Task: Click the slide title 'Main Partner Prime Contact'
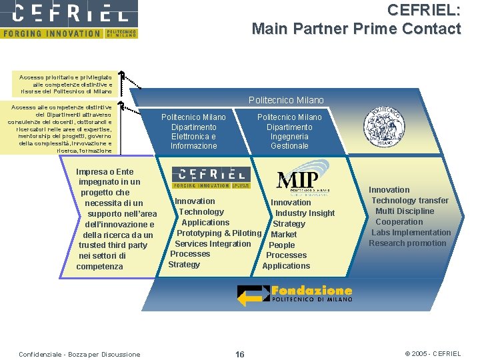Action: click(356, 29)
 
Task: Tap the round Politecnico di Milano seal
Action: click(383, 125)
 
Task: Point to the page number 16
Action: click(240, 354)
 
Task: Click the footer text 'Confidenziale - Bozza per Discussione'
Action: click(79, 354)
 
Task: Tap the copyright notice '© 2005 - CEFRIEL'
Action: click(433, 354)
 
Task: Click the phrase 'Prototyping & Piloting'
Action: click(219, 233)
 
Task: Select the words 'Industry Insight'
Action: click(305, 213)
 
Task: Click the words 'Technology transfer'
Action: click(410, 201)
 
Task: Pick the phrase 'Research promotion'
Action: click(407, 243)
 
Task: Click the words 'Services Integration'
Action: click(213, 243)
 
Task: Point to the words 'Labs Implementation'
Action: click(411, 233)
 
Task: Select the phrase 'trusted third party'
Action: click(113, 245)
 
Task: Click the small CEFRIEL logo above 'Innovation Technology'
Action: click(211, 177)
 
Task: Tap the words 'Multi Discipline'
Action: click(405, 211)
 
